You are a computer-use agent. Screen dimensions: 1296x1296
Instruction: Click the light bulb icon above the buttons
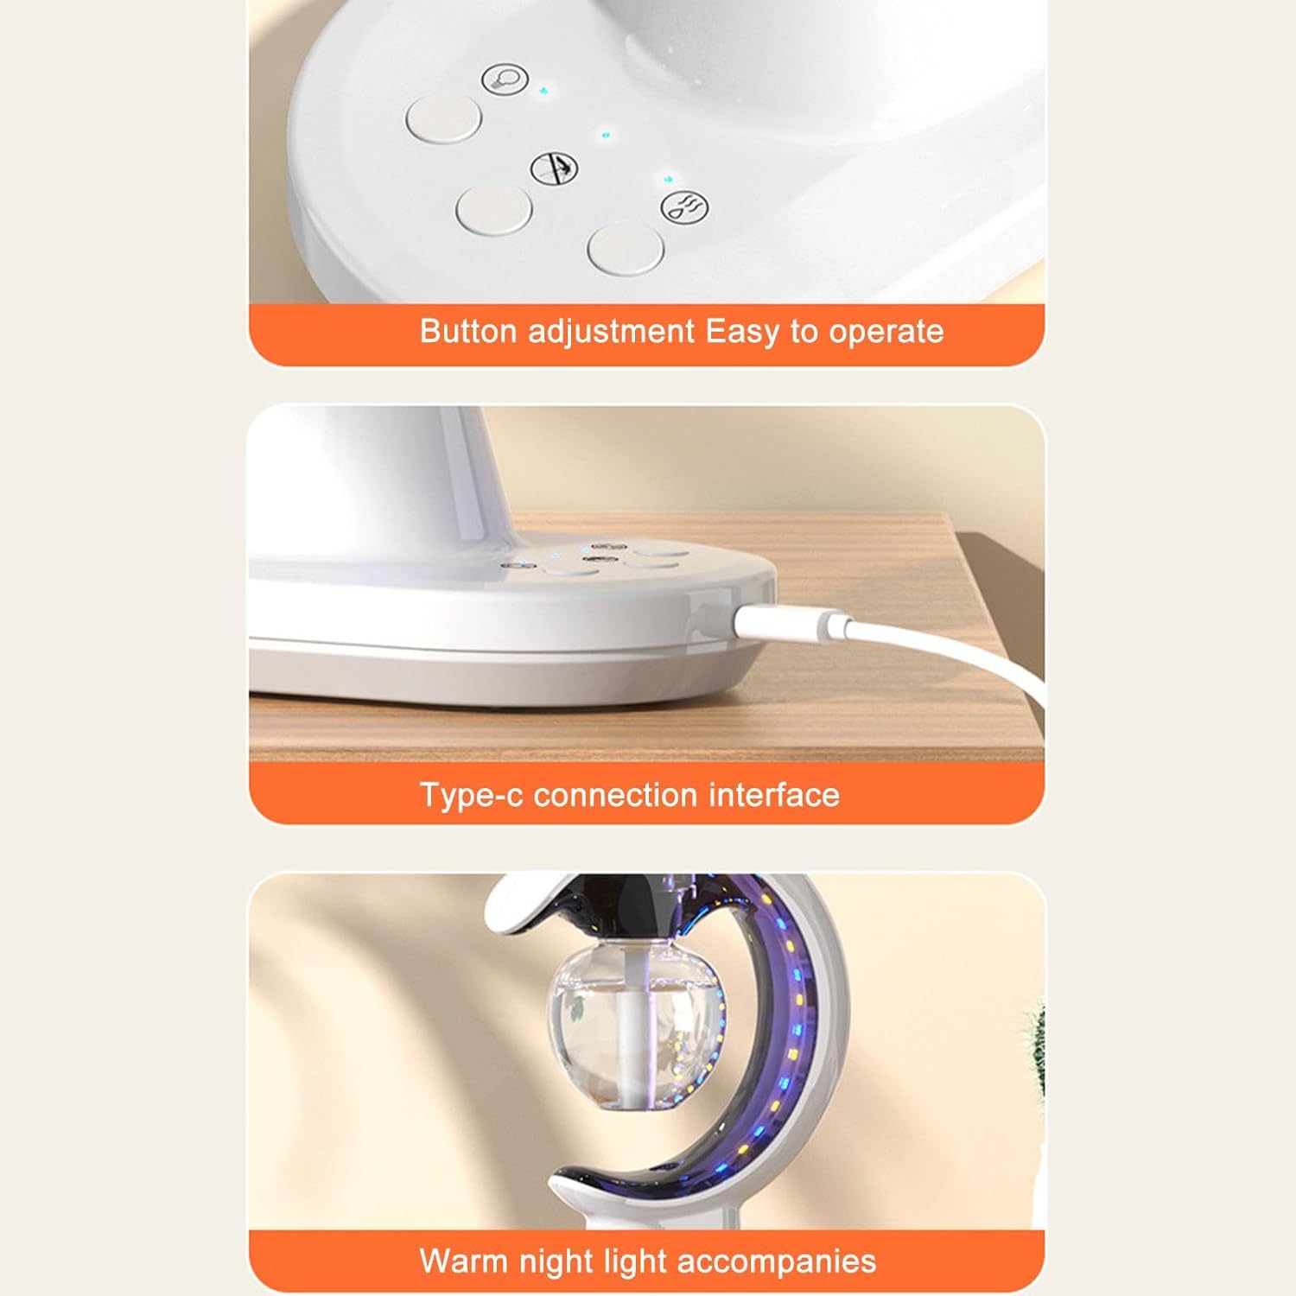pos(505,79)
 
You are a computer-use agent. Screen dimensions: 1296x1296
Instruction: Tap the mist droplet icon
pos(684,207)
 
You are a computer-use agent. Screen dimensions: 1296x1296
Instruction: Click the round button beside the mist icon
pos(626,248)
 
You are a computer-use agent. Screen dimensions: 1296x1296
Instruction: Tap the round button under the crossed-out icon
pos(494,211)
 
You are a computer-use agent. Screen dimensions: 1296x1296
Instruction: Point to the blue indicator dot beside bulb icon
pos(543,89)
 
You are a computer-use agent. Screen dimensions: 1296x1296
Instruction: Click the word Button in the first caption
pos(468,332)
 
